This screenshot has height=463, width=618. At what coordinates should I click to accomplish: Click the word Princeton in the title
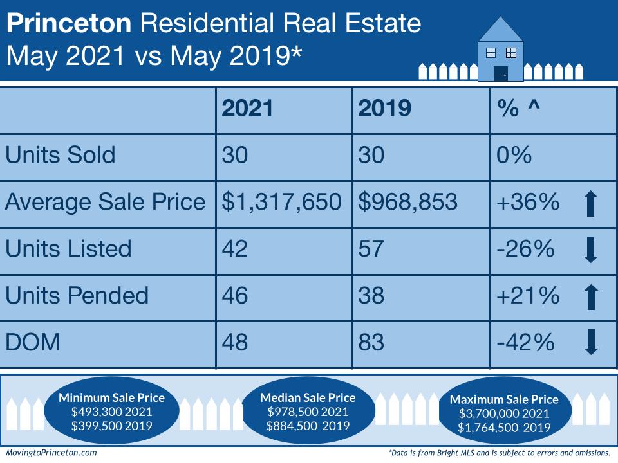68,24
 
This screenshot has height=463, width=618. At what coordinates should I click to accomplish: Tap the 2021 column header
248,109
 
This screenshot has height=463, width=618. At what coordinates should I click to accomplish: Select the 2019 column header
384,109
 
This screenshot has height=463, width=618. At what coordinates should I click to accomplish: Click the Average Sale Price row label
106,202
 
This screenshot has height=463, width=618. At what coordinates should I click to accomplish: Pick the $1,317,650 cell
281,202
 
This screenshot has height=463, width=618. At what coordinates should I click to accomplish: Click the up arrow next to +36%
592,203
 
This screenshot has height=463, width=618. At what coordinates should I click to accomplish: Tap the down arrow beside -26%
592,250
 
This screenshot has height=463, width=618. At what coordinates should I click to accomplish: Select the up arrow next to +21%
592,296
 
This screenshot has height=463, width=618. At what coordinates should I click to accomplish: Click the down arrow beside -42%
592,343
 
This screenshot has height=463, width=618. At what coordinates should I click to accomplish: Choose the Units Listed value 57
371,249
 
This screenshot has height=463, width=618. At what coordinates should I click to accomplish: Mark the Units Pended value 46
235,296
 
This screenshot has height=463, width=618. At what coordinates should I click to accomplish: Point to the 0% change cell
514,155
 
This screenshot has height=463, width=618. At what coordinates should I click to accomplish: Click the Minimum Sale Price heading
111,397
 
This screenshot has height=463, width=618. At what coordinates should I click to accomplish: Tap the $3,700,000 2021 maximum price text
504,413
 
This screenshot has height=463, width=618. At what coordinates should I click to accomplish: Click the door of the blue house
500,73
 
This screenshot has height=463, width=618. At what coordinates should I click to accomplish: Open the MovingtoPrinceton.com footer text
51,453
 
